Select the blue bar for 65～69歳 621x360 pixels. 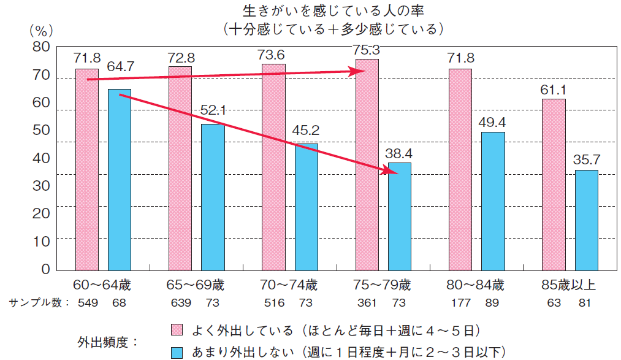coord(213,197)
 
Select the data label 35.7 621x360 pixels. coord(587,159)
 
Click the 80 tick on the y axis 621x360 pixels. coord(41,47)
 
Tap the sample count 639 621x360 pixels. coord(180,302)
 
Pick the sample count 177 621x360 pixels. coord(461,302)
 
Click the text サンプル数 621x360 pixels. coord(35,302)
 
